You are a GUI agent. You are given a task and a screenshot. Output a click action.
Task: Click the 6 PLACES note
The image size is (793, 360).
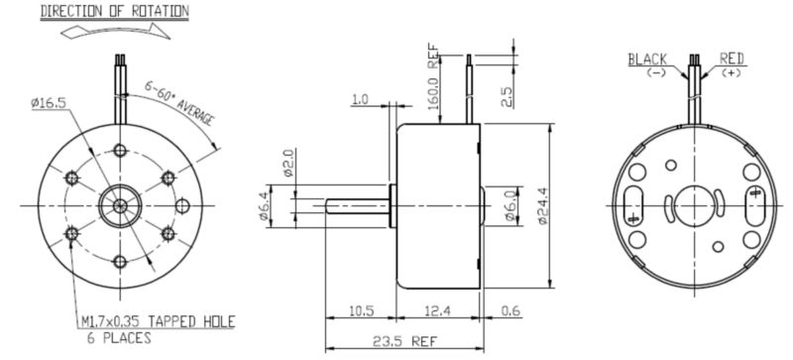coord(113,338)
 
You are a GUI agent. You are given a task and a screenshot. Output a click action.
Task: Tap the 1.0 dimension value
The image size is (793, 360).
coord(359,99)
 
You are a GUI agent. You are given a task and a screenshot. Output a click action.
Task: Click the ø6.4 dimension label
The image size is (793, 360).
coord(265,206)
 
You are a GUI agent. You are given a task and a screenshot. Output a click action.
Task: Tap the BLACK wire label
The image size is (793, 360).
coord(648,59)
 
